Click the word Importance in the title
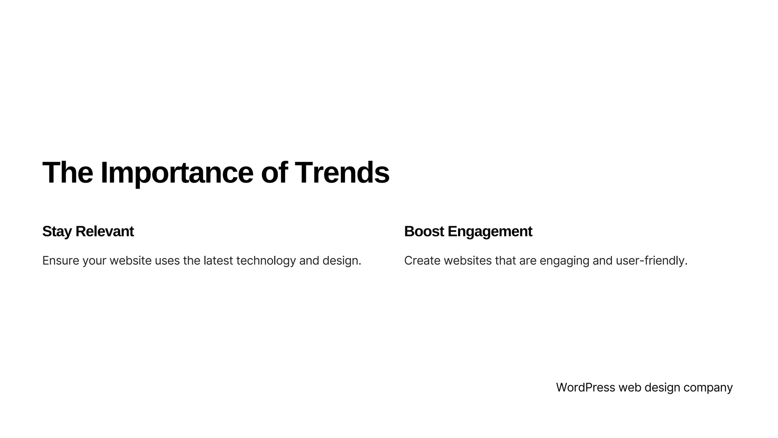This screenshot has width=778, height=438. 177,173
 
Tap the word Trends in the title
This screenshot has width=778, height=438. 342,173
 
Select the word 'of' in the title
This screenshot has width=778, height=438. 274,173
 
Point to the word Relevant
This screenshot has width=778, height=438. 104,232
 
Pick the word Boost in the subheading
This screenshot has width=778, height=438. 424,232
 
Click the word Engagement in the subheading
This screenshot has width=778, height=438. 490,232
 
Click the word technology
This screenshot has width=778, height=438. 266,261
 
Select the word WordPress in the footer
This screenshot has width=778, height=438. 585,387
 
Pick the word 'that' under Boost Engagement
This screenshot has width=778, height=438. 505,261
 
